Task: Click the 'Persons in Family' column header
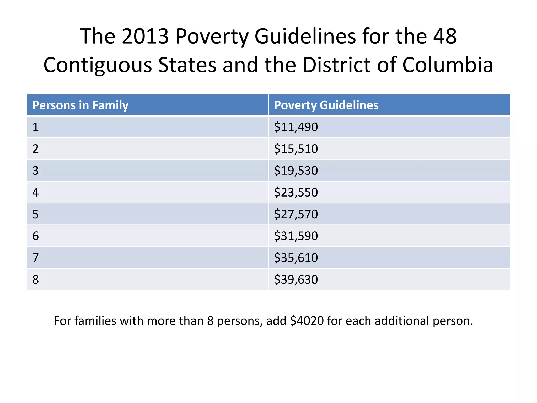80,105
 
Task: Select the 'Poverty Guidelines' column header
326,105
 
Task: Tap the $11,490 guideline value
296,127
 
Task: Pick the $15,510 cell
296,149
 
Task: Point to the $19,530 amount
296,171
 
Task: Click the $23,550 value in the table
296,193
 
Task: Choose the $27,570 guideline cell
296,214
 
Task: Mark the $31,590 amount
296,236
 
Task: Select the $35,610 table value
296,258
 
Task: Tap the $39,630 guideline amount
296,280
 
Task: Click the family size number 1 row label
36,127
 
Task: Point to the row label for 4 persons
36,193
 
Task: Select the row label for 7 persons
36,258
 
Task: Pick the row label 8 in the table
36,280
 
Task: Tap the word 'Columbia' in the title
448,65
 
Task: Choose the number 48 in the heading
445,36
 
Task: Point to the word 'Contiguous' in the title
98,65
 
